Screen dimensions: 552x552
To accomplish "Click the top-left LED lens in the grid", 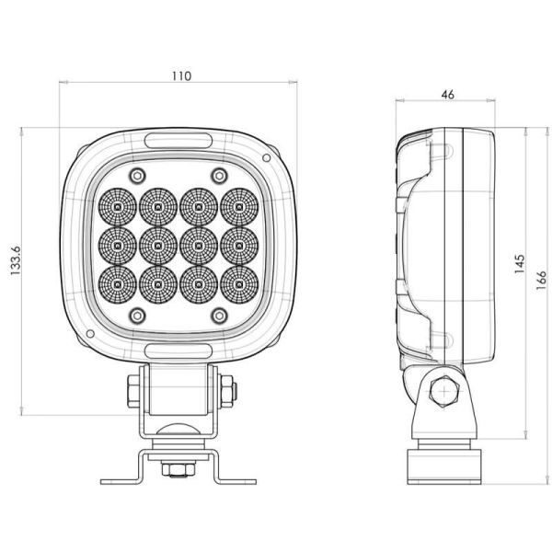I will click(119, 207).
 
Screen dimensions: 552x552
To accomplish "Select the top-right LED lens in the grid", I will click(238, 207).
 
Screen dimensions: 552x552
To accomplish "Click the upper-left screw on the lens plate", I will click(137, 176).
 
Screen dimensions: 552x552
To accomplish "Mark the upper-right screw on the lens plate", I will click(219, 176).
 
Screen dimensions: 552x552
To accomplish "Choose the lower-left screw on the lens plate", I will click(137, 315).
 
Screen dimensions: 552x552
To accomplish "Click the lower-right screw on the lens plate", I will click(219, 315).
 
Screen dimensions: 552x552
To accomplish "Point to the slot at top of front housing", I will click(178, 140).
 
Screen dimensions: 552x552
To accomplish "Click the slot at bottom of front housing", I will click(178, 351).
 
